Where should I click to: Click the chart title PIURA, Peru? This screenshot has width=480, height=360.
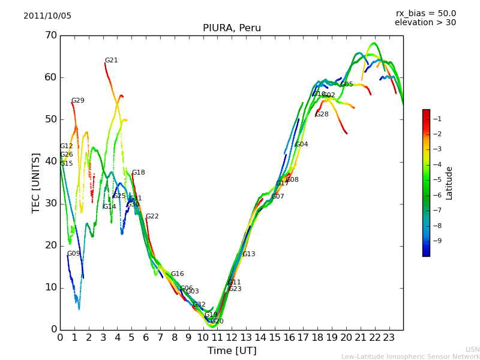[232, 28]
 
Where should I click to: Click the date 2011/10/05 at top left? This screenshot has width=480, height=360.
[47, 16]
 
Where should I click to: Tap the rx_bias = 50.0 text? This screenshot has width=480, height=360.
[426, 14]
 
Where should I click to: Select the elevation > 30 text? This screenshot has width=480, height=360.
[425, 23]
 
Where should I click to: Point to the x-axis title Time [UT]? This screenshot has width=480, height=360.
[232, 351]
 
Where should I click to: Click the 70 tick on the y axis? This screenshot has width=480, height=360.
[50, 35]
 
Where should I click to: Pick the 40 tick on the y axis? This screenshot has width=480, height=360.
[50, 161]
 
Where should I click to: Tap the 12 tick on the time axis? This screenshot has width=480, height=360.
[232, 338]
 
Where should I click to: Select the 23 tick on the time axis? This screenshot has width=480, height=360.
[389, 338]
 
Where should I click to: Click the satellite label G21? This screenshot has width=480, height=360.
[111, 61]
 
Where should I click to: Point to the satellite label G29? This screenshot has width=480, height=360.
[77, 101]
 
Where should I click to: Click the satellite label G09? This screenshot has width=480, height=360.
[73, 254]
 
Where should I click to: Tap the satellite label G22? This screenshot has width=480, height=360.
[152, 217]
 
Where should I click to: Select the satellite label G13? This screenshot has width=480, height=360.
[248, 254]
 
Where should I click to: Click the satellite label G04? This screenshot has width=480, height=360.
[301, 145]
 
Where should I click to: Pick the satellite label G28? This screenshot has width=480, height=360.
[322, 115]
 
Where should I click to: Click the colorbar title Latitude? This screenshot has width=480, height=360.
[449, 183]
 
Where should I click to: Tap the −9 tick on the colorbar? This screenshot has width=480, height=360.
[437, 241]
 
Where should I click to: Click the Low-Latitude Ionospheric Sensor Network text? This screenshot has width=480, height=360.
[410, 357]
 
